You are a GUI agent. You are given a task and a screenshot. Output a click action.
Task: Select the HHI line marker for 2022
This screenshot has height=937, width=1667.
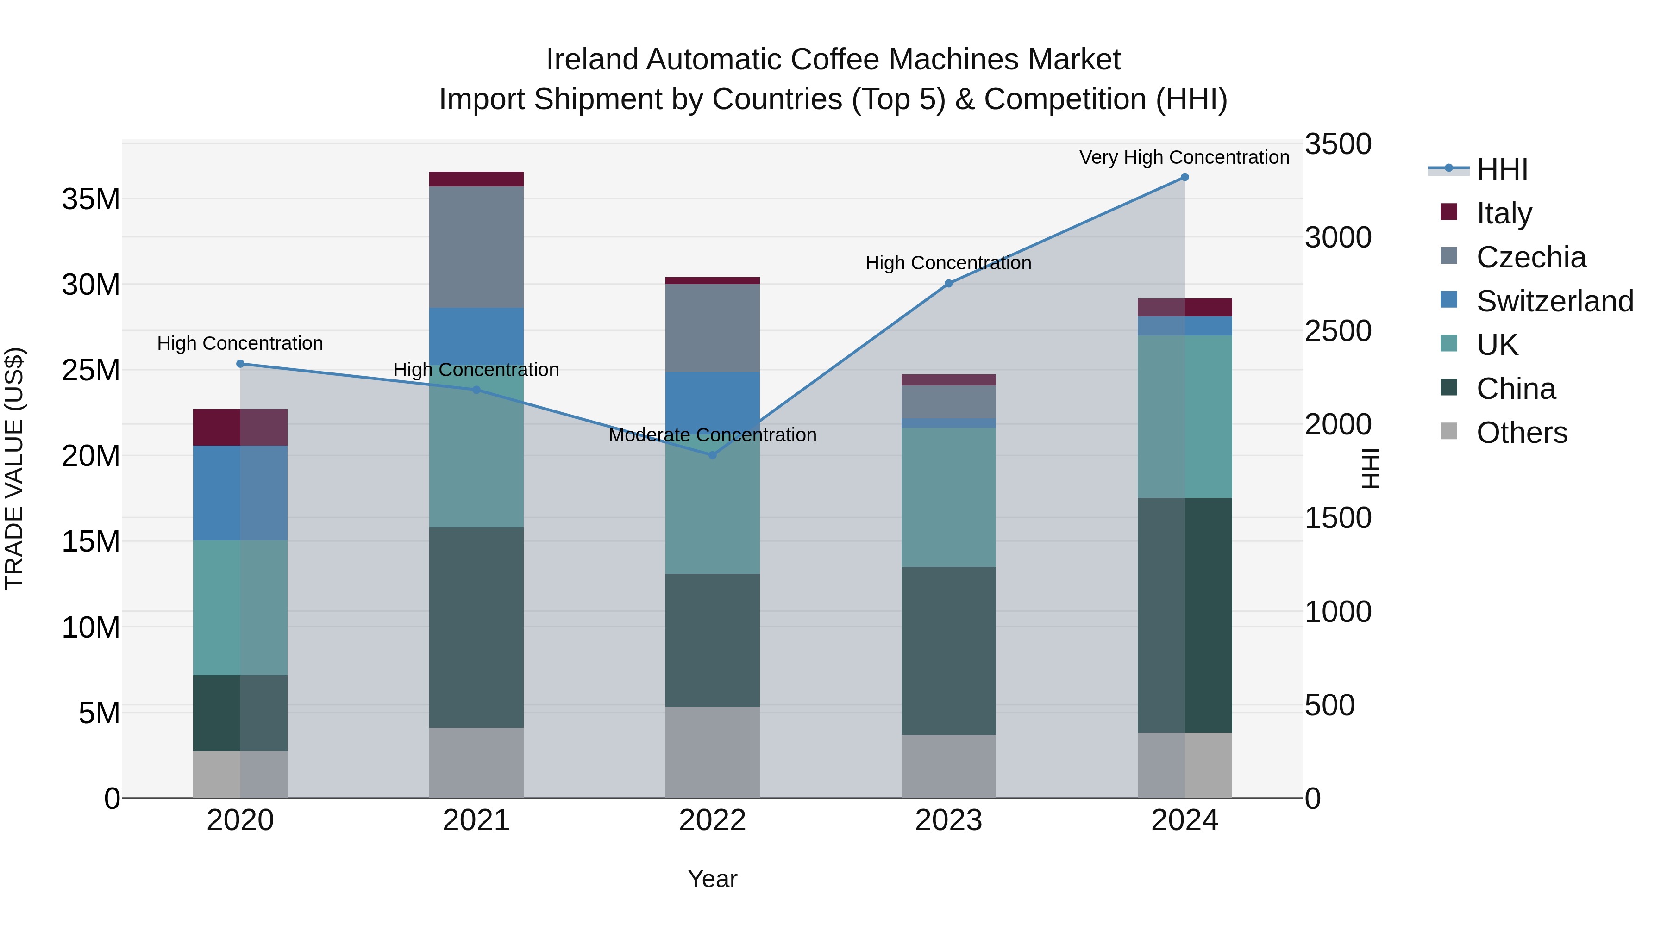click(x=713, y=455)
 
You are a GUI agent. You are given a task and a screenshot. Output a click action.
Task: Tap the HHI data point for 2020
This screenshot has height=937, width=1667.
click(x=240, y=364)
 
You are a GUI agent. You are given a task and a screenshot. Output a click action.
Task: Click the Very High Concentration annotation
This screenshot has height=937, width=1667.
click(x=1184, y=157)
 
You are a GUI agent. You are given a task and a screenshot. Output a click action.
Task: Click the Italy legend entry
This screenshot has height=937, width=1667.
click(x=1503, y=213)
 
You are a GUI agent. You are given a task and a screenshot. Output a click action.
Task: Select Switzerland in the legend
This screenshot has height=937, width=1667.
click(x=1554, y=301)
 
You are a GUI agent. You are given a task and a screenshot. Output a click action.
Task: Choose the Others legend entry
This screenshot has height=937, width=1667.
click(x=1521, y=433)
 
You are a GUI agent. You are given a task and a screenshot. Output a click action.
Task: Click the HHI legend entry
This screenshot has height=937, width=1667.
click(x=1501, y=169)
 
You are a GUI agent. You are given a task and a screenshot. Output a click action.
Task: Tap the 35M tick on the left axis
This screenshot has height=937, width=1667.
click(x=91, y=199)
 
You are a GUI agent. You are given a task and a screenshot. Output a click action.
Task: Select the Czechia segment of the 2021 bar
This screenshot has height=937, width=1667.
click(x=476, y=247)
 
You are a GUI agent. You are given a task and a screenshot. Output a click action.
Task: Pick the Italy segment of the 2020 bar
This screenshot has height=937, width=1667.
click(x=240, y=428)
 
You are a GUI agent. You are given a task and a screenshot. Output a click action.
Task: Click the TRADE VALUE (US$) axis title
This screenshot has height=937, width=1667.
click(x=14, y=468)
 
